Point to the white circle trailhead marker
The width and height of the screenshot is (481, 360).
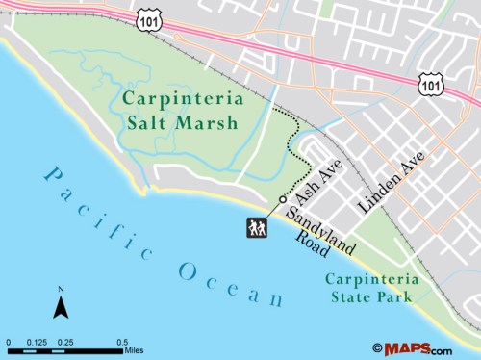[282, 198]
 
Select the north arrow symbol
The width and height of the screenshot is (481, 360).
[61, 308]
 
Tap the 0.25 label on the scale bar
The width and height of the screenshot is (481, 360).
[67, 342]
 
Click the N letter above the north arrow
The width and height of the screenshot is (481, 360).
[61, 290]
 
